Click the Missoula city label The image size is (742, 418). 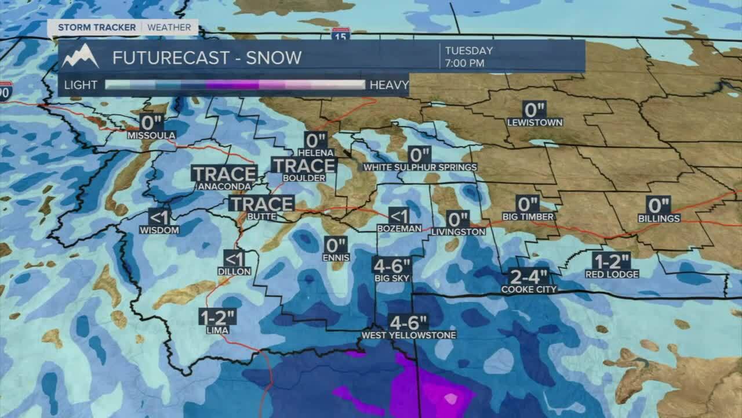click(x=151, y=135)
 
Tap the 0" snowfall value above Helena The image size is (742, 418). click(x=315, y=140)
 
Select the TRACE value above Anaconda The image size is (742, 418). click(x=224, y=174)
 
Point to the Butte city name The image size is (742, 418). click(x=261, y=217)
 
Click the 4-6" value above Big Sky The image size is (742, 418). click(x=392, y=266)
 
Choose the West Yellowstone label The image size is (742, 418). click(x=409, y=335)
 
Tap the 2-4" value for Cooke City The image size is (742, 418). click(x=528, y=276)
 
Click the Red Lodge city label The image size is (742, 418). click(x=612, y=274)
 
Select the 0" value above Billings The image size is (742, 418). click(x=659, y=205)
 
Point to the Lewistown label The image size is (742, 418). click(x=534, y=122)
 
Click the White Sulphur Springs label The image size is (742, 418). click(x=420, y=167)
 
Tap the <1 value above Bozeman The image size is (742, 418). click(x=399, y=216)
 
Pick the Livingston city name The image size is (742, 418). click(x=458, y=232)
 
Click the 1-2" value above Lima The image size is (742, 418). click(x=217, y=317)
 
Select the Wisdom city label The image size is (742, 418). click(x=159, y=230)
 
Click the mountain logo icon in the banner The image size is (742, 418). click(x=81, y=56)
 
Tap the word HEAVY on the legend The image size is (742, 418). click(x=389, y=85)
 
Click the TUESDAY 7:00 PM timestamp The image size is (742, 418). click(x=468, y=56)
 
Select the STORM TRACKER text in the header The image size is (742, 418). click(x=96, y=27)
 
